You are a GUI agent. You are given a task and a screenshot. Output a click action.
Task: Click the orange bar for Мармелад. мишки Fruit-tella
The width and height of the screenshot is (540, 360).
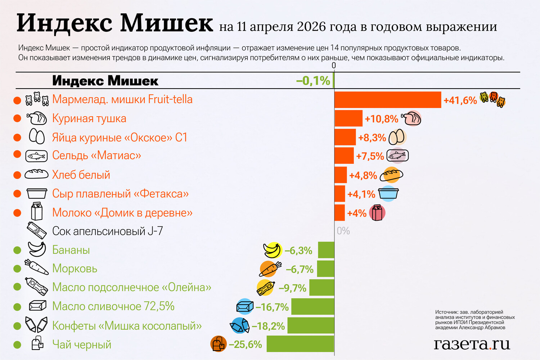click(x=388, y=100)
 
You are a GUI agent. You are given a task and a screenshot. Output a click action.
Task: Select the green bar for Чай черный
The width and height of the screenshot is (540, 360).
click(x=300, y=344)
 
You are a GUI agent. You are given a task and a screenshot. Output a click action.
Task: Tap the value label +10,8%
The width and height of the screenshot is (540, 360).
click(x=381, y=119)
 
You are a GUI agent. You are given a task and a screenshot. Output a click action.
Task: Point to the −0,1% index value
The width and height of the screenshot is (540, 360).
click(x=313, y=81)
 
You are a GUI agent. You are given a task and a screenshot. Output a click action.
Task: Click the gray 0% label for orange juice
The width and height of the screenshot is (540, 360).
click(x=343, y=231)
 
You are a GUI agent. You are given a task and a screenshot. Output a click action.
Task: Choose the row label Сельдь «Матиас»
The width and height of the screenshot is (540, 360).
click(x=96, y=156)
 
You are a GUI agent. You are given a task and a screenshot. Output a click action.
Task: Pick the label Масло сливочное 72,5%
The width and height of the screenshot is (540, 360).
click(x=113, y=306)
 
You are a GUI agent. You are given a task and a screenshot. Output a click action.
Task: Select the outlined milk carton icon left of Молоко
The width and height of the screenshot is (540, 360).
click(x=37, y=211)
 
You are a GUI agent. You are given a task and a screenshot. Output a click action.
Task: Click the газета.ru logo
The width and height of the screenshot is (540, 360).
click(x=472, y=344)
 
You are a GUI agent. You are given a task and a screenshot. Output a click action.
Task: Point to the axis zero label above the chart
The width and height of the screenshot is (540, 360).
click(x=334, y=66)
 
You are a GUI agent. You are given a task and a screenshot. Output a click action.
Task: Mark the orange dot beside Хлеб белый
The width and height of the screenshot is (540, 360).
click(x=17, y=175)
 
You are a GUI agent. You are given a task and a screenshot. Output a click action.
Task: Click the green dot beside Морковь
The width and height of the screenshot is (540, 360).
click(x=17, y=269)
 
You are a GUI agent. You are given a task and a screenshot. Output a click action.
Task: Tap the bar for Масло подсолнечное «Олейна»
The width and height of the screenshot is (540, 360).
click(x=321, y=288)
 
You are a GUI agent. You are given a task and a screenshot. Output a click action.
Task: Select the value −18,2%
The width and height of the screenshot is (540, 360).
click(x=268, y=326)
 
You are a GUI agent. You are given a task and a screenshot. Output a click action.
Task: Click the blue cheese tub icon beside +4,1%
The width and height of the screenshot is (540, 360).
click(x=388, y=194)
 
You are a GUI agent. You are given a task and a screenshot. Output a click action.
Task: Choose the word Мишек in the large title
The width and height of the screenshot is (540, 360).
click(x=166, y=23)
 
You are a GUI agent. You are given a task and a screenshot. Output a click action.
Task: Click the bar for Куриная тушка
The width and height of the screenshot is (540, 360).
click(x=348, y=118)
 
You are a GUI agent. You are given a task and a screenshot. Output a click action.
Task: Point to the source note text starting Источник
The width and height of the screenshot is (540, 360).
click(x=475, y=320)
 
